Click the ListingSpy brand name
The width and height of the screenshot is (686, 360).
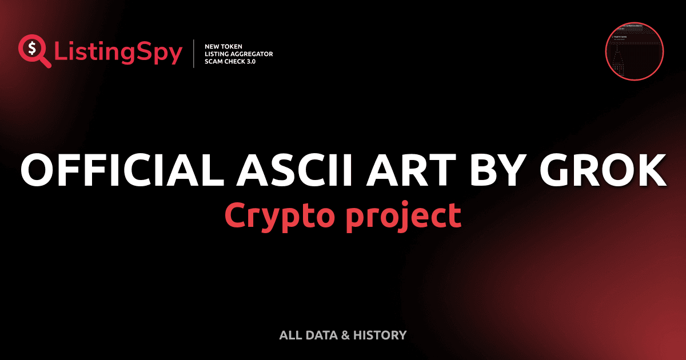(x=118, y=53)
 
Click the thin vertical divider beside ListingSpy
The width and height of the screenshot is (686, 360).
(x=195, y=54)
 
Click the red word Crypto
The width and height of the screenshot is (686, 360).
(x=273, y=215)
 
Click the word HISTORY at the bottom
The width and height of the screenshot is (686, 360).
(x=380, y=335)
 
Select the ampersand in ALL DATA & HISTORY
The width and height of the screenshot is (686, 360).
(x=345, y=335)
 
